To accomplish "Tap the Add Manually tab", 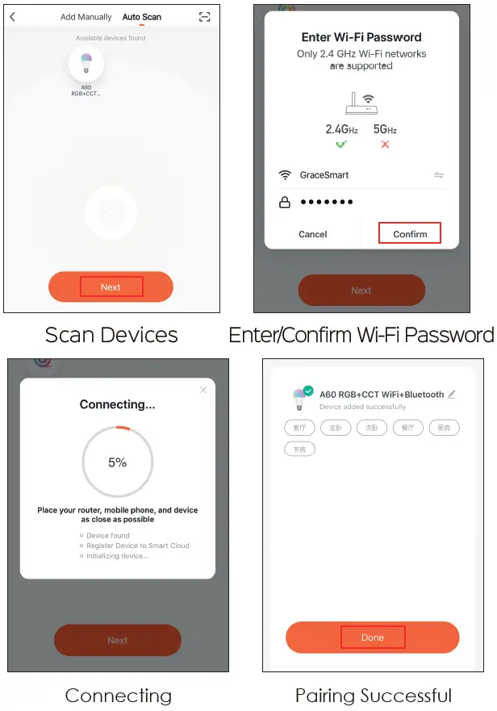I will [86, 17].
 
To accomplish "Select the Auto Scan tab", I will [141, 17].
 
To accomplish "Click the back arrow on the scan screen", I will [13, 17].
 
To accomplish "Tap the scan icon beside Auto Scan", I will [204, 17].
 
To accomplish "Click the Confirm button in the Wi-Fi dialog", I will [410, 234].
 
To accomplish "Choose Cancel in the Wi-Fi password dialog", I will [312, 234].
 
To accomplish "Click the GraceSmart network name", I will [324, 175].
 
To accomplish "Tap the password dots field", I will [327, 203].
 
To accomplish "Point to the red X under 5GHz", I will [385, 144].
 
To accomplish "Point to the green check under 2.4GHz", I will [341, 144].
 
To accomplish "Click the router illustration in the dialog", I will [361, 103].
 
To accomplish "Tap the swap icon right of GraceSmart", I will [439, 175].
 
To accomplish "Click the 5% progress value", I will [117, 462].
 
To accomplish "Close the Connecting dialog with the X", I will [203, 390].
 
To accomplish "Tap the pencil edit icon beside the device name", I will [452, 395].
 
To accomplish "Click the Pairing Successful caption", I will [373, 695].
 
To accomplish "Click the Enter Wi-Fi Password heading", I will [361, 37].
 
